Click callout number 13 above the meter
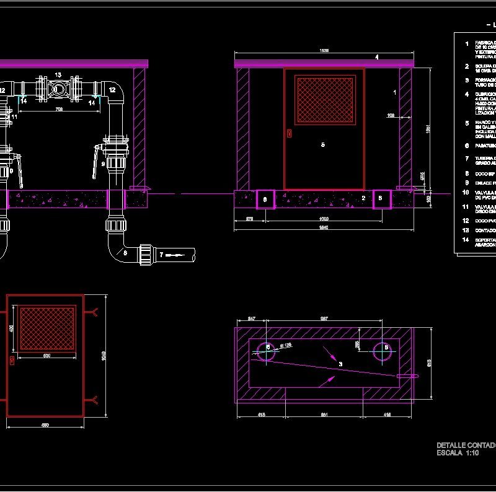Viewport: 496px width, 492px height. pyautogui.click(x=58, y=75)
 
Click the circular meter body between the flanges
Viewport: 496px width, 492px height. pyautogui.click(x=58, y=90)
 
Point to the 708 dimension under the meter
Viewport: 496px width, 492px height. pyautogui.click(x=60, y=110)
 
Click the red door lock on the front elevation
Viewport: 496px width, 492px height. pyautogui.click(x=288, y=132)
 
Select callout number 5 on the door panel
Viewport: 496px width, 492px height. pyautogui.click(x=322, y=144)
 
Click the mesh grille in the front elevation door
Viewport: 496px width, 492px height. pyautogui.click(x=324, y=99)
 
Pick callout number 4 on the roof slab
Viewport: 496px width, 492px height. pyautogui.click(x=376, y=57)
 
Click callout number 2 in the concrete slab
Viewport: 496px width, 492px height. pyautogui.click(x=363, y=198)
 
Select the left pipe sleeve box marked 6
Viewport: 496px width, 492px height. pyautogui.click(x=265, y=199)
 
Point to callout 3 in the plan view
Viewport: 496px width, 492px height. pyautogui.click(x=340, y=364)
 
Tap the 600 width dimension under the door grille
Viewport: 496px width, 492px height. pyautogui.click(x=46, y=356)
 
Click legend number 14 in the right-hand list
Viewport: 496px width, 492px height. pyautogui.click(x=467, y=240)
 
